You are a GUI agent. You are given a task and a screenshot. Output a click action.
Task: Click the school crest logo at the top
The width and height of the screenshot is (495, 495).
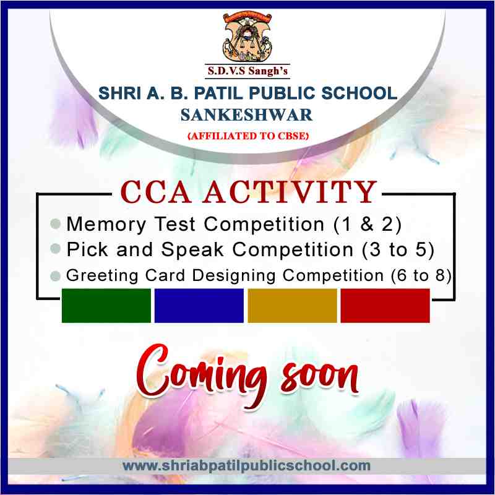click(x=247, y=36)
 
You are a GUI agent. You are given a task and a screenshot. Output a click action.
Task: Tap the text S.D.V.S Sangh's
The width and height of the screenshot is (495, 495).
click(x=247, y=71)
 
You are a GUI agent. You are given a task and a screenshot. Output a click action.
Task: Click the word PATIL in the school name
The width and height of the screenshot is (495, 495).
click(x=214, y=93)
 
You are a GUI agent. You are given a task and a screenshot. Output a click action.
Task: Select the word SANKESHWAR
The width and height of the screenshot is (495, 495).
click(x=246, y=115)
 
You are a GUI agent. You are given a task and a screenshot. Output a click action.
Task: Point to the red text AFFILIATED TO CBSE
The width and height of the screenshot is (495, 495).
click(x=248, y=136)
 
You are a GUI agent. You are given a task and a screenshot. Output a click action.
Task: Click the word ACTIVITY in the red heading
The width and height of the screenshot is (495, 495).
click(x=290, y=192)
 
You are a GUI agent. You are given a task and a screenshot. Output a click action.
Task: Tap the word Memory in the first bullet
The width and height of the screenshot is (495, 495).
click(x=106, y=225)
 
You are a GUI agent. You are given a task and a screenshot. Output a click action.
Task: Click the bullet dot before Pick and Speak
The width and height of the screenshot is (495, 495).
click(x=55, y=249)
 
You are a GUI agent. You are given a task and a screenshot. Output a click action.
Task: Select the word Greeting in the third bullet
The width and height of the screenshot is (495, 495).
click(x=102, y=275)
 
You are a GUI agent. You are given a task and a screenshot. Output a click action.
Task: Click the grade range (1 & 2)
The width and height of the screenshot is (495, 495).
click(x=368, y=224)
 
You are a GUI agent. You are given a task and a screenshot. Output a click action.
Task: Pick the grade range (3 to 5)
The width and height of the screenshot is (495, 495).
click(x=398, y=249)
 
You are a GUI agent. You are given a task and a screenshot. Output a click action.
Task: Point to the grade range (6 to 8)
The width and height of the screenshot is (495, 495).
click(x=421, y=275)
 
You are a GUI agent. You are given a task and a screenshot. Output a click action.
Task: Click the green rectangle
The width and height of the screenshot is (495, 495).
click(x=106, y=306)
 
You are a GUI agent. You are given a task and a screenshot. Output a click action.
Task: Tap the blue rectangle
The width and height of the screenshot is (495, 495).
click(x=199, y=306)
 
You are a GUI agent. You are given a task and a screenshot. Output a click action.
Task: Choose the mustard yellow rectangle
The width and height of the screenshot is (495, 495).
click(x=292, y=306)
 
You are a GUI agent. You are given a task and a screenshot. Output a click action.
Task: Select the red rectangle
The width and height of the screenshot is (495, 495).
click(x=385, y=306)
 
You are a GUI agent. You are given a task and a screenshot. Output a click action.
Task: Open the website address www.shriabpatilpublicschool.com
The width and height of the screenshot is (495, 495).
click(x=246, y=466)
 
